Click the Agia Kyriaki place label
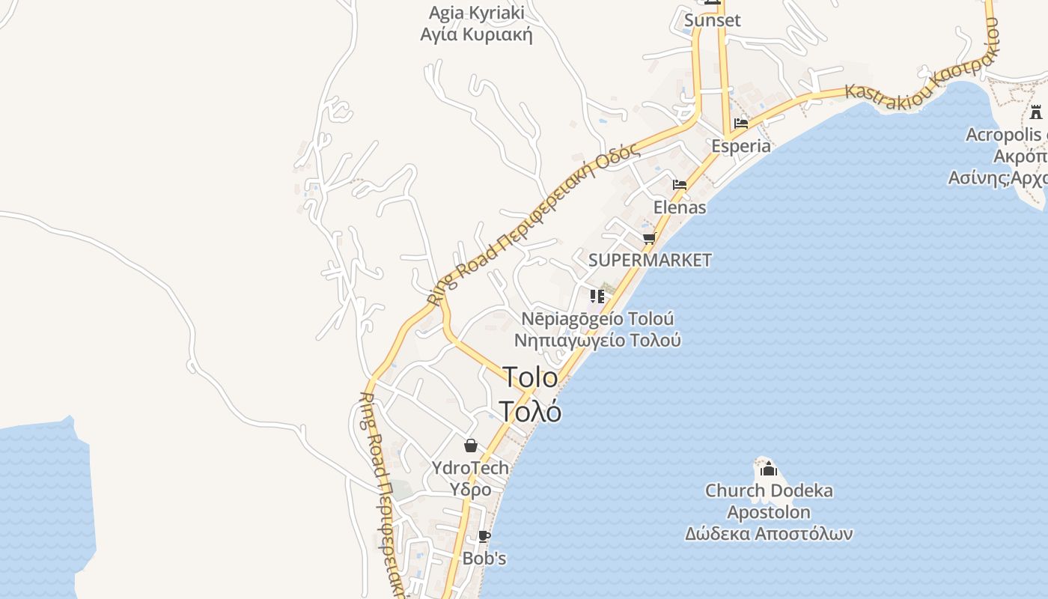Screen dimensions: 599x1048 476,13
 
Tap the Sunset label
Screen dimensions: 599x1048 712,20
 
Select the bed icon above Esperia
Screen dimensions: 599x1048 741,123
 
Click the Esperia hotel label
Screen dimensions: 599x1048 740,146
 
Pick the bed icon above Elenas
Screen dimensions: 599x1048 680,184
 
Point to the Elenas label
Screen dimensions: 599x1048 680,207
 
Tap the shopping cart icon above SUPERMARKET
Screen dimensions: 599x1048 649,238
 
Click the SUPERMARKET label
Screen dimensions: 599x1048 650,261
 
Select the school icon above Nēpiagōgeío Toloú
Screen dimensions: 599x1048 597,297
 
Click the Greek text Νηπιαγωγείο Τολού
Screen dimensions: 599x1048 597,340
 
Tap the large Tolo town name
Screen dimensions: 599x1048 530,377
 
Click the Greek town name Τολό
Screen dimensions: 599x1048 530,411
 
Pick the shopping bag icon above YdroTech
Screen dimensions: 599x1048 471,446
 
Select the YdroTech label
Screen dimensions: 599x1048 470,468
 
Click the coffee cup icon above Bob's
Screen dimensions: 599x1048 484,536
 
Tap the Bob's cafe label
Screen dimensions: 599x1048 484,559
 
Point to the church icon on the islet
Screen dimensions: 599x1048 769,469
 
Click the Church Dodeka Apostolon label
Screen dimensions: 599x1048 769,502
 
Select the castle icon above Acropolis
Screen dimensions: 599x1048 1036,112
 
